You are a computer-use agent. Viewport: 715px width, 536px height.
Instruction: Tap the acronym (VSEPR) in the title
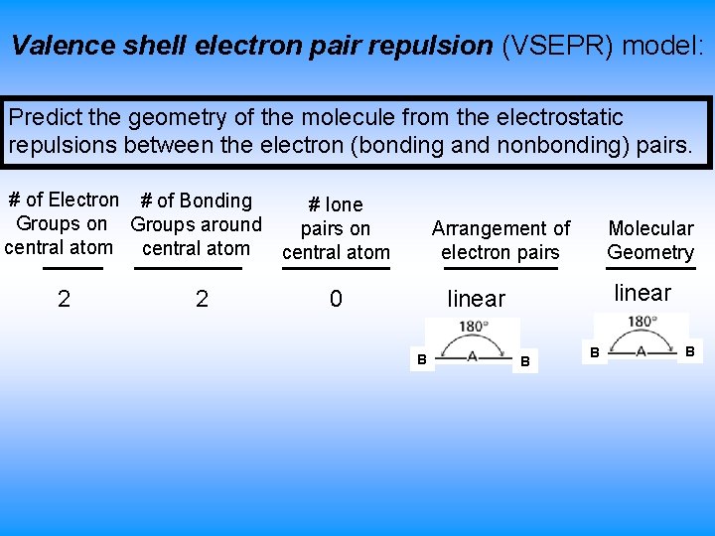click(x=557, y=46)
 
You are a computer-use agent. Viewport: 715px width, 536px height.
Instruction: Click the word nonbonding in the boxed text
click(x=537, y=145)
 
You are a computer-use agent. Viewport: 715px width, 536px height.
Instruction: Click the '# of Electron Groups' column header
click(x=61, y=224)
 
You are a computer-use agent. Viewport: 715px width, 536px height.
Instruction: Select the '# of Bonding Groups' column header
click(x=197, y=224)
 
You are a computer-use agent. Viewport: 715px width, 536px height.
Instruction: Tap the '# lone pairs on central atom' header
click(x=336, y=228)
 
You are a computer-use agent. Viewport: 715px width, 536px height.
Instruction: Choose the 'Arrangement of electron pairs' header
click(x=500, y=240)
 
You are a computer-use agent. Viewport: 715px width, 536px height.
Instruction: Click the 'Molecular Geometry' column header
click(x=650, y=240)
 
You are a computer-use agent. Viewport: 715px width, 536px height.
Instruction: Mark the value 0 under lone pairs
click(x=336, y=299)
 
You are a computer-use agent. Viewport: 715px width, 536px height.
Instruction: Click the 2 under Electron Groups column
click(x=64, y=299)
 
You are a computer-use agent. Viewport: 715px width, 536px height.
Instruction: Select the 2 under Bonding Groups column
click(x=202, y=299)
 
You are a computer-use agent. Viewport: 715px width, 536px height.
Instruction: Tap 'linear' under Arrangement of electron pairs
click(x=477, y=299)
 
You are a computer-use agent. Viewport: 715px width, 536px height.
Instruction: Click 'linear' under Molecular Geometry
click(x=643, y=293)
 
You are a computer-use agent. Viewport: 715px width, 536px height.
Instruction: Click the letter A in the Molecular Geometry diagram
click(x=642, y=351)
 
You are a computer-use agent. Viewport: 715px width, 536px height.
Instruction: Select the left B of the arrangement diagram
click(x=421, y=358)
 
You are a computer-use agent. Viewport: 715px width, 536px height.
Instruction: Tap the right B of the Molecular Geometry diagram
click(x=689, y=350)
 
